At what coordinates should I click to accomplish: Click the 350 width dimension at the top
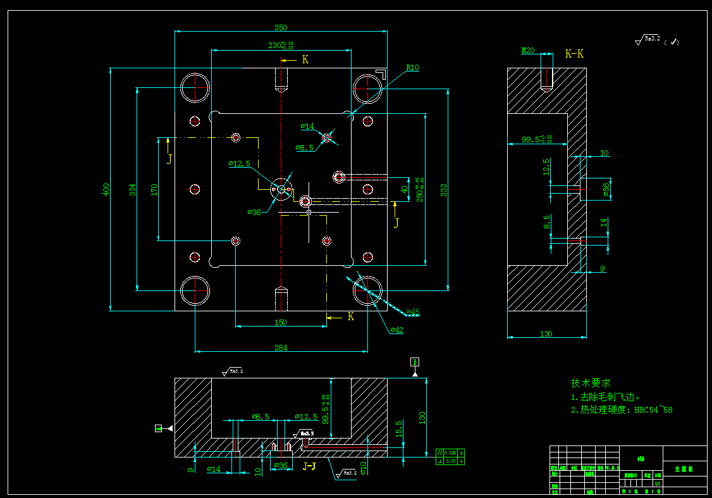pyautogui.click(x=281, y=27)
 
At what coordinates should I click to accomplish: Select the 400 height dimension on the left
pyautogui.click(x=106, y=189)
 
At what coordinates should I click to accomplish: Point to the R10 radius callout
pyautogui.click(x=412, y=68)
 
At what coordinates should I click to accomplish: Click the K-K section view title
pyautogui.click(x=574, y=54)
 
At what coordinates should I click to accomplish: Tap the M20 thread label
pyautogui.click(x=527, y=51)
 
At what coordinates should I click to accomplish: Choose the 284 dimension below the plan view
pyautogui.click(x=281, y=347)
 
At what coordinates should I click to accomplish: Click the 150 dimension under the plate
pyautogui.click(x=281, y=322)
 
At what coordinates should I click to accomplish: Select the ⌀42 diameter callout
pyautogui.click(x=397, y=330)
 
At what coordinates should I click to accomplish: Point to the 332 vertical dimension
pyautogui.click(x=444, y=189)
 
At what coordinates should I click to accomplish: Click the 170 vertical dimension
pyautogui.click(x=154, y=189)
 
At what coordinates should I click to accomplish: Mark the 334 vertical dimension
pyautogui.click(x=132, y=189)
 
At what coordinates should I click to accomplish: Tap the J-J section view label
pyautogui.click(x=310, y=466)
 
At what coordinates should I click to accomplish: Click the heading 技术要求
pyautogui.click(x=591, y=383)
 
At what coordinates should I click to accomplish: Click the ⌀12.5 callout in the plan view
pyautogui.click(x=239, y=163)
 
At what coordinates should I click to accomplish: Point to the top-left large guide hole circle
pyautogui.click(x=195, y=88)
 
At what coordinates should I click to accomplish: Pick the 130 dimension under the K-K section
pyautogui.click(x=546, y=333)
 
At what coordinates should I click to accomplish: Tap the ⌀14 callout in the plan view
pyautogui.click(x=307, y=127)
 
